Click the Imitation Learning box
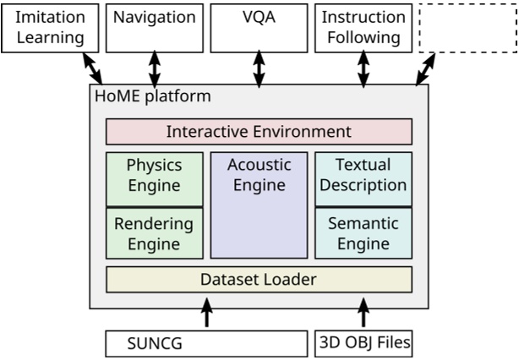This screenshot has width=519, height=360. point(49,26)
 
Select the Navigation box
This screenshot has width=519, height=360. point(154,26)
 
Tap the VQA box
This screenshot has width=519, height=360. point(259,26)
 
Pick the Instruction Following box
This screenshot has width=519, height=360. point(363,26)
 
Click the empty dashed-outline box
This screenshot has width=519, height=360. point(467,26)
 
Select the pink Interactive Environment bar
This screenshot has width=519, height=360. point(259,132)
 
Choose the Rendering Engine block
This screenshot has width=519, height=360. point(154,233)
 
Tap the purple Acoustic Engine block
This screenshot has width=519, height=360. point(259,205)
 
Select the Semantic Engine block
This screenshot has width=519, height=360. point(363,233)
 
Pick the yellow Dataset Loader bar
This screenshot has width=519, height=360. point(259,279)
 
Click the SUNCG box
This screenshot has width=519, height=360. point(206,344)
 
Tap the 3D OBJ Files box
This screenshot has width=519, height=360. point(363,344)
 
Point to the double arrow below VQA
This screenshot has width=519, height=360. point(259,68)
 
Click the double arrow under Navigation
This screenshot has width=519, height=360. point(154,68)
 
